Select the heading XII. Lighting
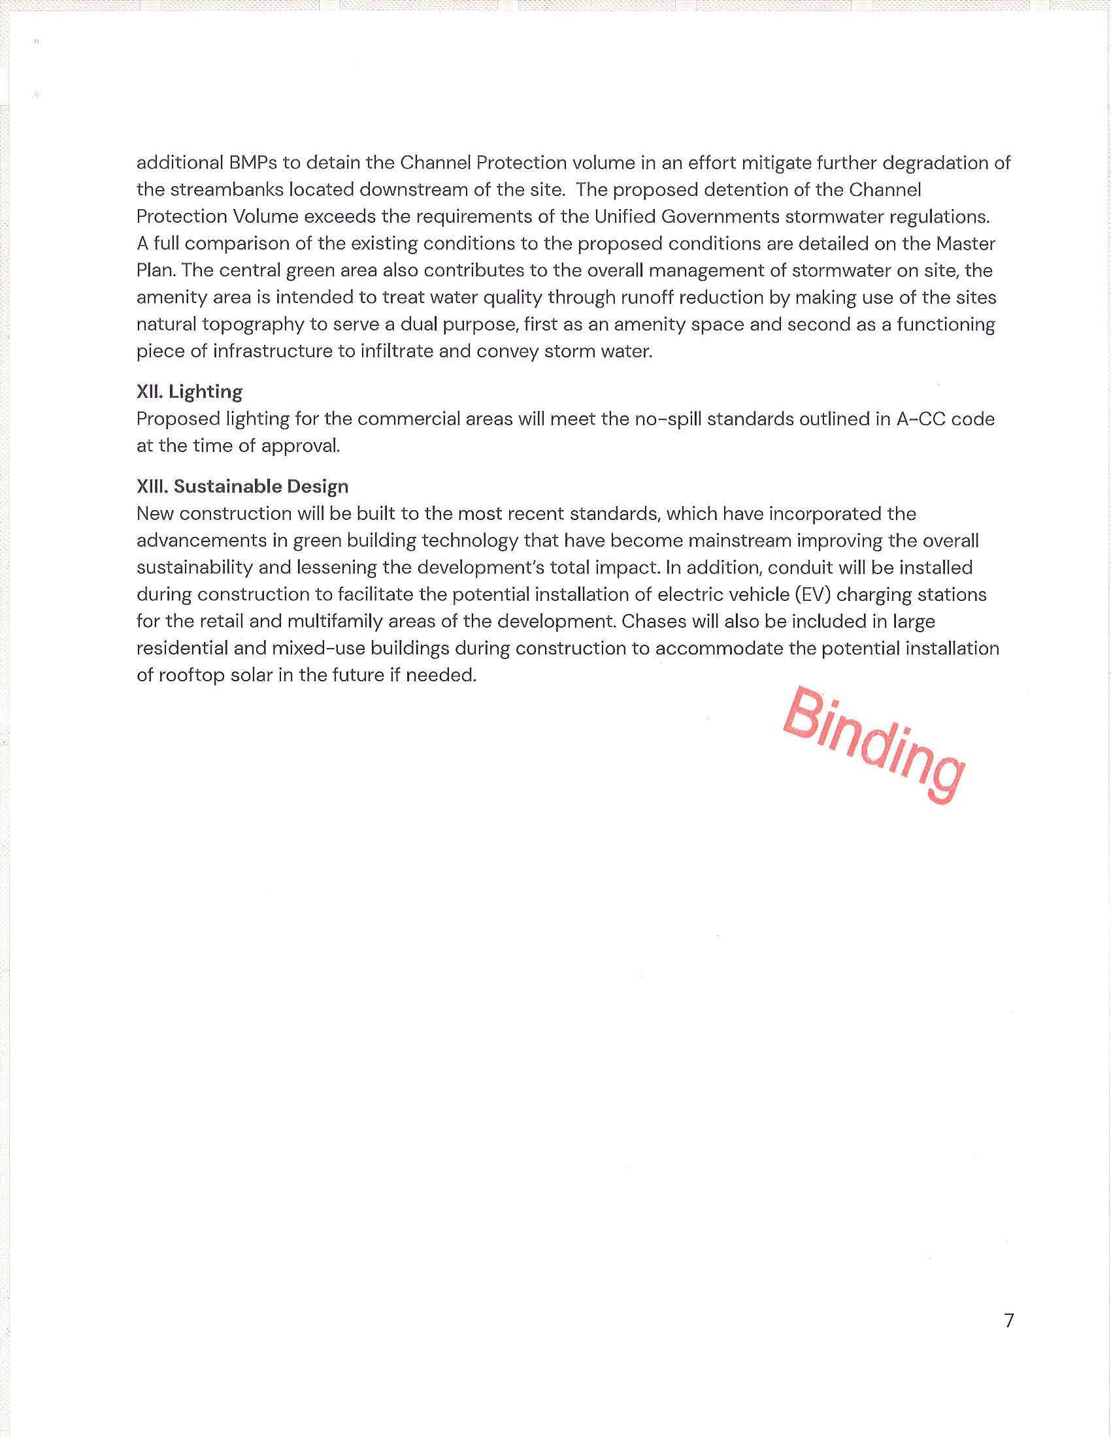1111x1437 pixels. tap(190, 392)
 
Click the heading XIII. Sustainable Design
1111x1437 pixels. tap(242, 487)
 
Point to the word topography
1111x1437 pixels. tap(260, 325)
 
